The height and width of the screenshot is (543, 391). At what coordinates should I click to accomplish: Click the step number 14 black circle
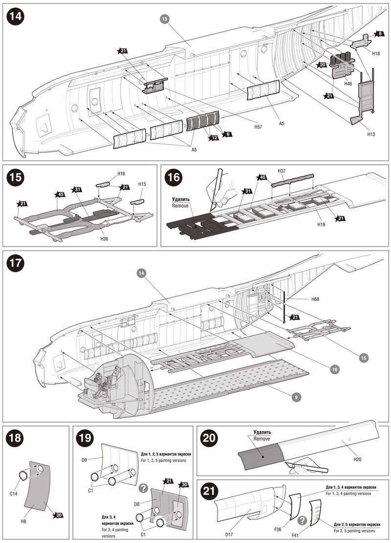coord(16,17)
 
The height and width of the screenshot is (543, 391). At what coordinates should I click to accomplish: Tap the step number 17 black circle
coord(16,263)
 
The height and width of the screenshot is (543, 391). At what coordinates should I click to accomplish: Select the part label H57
coord(258,127)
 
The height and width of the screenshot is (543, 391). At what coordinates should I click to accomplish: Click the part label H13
coord(370,134)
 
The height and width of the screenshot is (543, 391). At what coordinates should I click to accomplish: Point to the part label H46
coord(348,84)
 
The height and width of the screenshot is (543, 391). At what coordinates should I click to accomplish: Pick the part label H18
coord(376,54)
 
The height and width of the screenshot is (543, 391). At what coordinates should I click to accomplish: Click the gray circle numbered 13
coord(165,20)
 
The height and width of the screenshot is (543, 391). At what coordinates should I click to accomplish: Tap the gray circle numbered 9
coord(296,397)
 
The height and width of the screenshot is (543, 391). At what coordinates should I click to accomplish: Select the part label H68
coord(315,299)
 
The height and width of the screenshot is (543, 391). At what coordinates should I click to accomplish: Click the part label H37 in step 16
coord(282,171)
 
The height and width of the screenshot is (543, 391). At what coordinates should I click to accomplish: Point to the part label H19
coord(321,225)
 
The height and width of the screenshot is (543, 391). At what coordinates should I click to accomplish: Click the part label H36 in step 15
coord(104,239)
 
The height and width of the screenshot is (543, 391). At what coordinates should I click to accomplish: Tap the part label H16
coord(121,174)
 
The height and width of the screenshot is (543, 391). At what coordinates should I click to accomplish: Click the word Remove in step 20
coord(261,439)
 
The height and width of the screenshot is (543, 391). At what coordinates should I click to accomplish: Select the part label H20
coord(357,459)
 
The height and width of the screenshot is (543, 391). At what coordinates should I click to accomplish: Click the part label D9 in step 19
coord(85,460)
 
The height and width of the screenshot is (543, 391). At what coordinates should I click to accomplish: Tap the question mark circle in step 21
coord(303,520)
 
